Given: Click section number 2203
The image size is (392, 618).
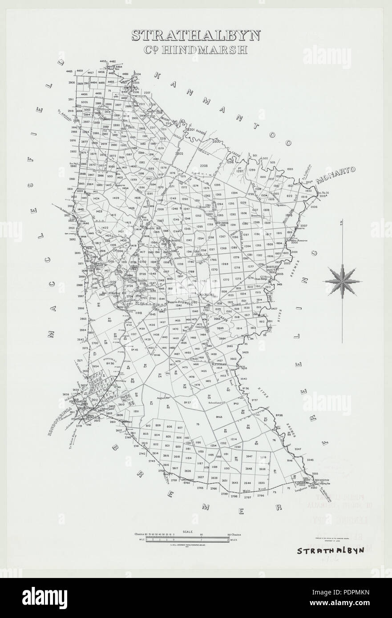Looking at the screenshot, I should point(204,165).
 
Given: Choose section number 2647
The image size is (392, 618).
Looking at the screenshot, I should point(249,457).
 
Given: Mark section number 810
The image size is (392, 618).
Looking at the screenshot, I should point(147,426).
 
